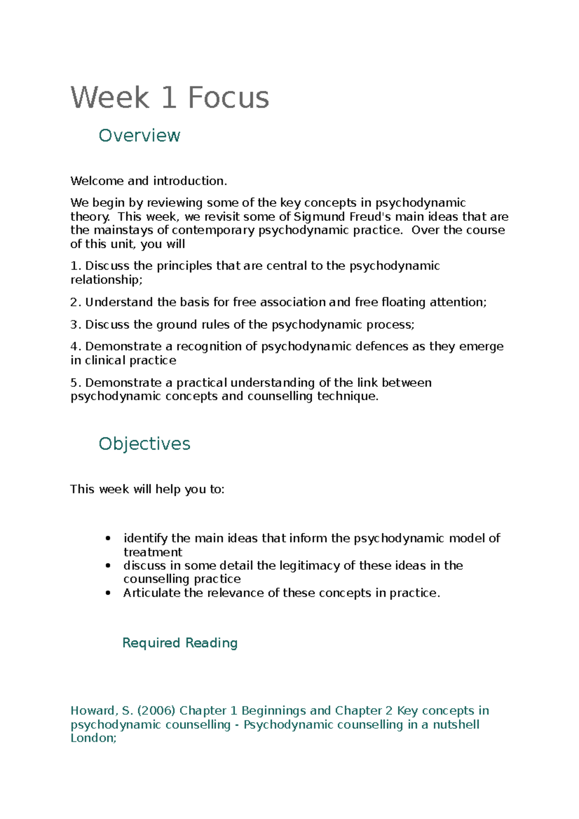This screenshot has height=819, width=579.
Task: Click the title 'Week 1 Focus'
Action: (169, 98)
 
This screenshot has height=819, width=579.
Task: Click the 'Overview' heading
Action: (139, 136)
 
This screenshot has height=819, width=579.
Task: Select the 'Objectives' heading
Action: (144, 444)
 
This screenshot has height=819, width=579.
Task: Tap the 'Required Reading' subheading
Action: (179, 643)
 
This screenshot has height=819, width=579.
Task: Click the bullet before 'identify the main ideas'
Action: (108, 538)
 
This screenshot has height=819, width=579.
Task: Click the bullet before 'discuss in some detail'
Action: (108, 566)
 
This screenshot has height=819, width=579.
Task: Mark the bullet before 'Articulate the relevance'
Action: (108, 593)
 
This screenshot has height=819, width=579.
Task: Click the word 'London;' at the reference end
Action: (93, 738)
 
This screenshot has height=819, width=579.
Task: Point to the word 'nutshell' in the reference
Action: (456, 725)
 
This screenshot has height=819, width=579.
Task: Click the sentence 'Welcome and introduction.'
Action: (149, 181)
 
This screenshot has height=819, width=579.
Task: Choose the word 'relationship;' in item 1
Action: (107, 280)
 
